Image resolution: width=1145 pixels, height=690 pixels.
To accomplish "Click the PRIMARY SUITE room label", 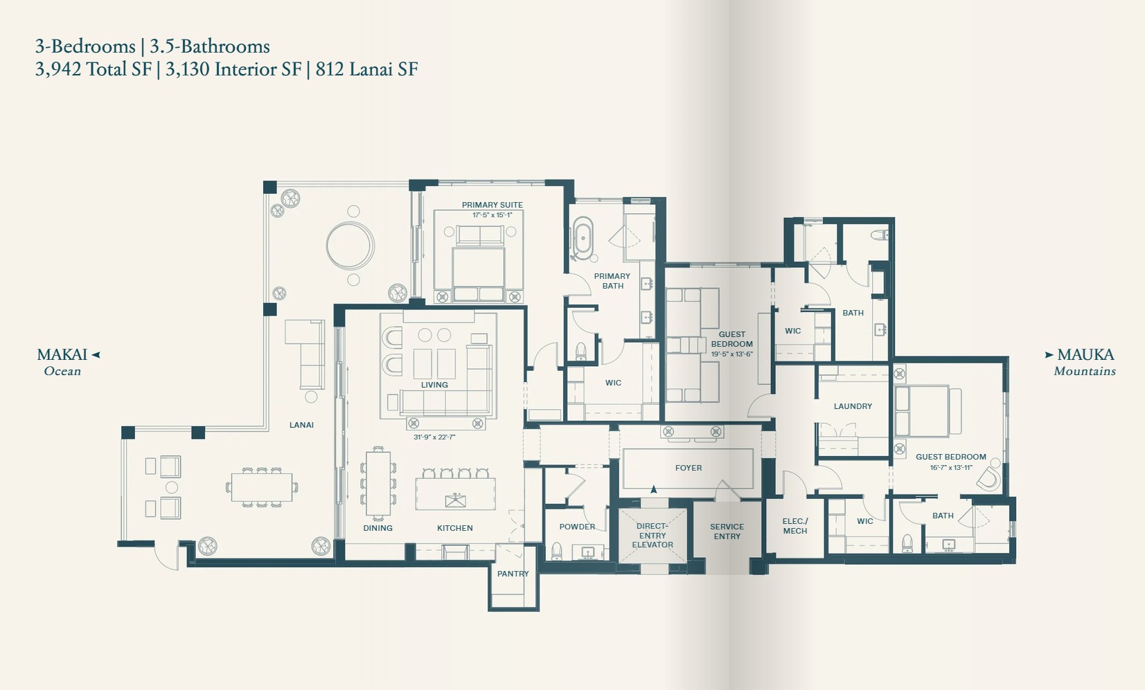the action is coord(492,205).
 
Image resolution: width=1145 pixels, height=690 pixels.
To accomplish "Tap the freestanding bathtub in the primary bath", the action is coord(583,239).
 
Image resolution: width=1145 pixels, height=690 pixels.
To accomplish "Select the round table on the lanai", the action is coord(350,246).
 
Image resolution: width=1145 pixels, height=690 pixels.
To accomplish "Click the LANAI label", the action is coord(301,425).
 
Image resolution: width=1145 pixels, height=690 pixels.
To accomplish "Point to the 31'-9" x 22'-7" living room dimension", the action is coord(434,437).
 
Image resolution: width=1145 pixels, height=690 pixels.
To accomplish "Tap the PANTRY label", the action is coord(513,574).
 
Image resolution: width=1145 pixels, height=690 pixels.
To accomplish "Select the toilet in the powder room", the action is coord(556,551).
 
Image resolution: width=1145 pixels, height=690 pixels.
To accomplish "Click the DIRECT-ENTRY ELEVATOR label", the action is coord(653,535).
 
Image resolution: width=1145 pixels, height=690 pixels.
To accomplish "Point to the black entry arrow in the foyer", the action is coord(653,489).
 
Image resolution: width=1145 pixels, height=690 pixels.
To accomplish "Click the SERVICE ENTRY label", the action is coord(727,531).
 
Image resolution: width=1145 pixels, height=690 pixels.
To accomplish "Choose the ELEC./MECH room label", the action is coord(795,526).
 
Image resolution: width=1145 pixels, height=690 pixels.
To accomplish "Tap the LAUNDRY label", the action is coord(853,406).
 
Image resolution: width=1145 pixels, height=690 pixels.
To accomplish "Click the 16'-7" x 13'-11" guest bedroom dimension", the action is coord(951,467).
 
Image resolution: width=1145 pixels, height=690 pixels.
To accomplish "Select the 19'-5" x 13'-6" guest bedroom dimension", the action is coord(732,354).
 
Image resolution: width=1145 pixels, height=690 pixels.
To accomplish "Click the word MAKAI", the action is coord(62,354).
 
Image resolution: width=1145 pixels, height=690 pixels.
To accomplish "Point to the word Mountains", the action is coord(1085,372).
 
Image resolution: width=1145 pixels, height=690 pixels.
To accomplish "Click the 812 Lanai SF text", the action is coord(366,69).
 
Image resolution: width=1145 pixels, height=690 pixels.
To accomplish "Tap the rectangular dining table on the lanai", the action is coord(262,487).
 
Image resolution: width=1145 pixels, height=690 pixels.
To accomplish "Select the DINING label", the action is coord(378,528).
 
